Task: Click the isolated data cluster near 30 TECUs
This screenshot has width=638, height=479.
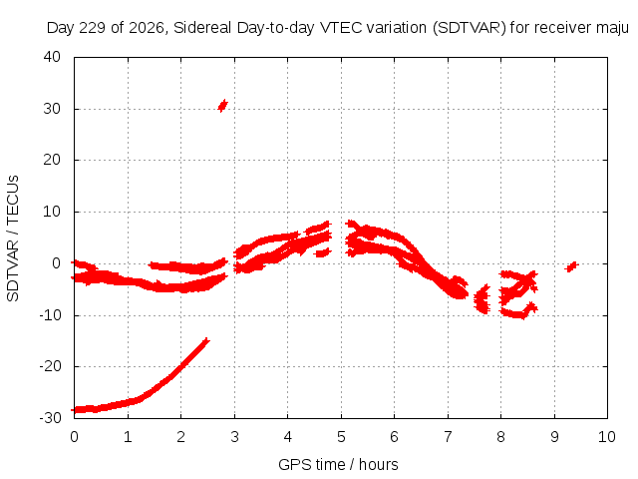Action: [222, 106]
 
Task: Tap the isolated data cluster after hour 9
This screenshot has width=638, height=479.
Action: [571, 266]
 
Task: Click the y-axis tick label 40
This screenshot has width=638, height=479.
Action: [52, 57]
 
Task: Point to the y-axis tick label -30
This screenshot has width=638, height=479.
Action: [50, 417]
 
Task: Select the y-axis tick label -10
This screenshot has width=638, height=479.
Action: [50, 315]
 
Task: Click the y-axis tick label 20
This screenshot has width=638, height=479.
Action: [52, 160]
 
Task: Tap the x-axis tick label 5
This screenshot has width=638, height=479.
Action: [341, 437]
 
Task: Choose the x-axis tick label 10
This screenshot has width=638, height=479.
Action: [607, 437]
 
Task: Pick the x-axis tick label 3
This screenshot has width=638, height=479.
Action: [234, 437]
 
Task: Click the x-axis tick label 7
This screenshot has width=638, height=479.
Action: [448, 437]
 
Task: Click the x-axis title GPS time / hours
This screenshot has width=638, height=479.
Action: [338, 464]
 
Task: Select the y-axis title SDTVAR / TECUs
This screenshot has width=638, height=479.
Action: [13, 239]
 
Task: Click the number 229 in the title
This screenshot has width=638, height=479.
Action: [93, 28]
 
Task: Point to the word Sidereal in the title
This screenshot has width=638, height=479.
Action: [202, 28]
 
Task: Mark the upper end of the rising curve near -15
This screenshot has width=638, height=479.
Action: [207, 340]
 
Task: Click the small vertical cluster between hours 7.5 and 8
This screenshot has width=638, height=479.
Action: [482, 299]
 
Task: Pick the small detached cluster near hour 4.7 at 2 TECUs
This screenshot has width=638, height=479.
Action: [323, 252]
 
